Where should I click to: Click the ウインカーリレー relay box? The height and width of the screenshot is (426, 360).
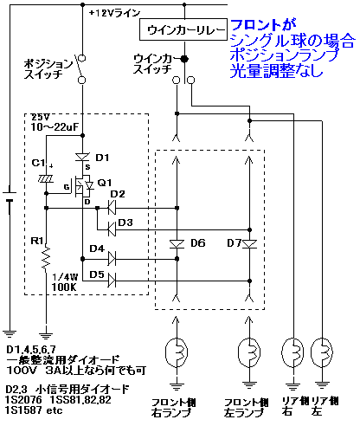(183, 29)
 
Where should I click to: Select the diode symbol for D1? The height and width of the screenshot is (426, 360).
(82, 158)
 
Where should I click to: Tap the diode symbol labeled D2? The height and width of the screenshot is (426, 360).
(112, 208)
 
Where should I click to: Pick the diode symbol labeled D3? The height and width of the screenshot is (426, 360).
(112, 229)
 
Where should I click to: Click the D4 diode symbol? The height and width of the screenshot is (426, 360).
(112, 259)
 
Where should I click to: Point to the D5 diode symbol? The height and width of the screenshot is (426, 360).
(112, 281)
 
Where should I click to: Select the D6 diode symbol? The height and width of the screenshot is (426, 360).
(177, 244)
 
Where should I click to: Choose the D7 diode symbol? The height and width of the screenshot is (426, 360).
(249, 244)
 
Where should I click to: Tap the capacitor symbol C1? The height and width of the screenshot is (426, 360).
(46, 179)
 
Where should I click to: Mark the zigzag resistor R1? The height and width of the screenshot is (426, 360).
(46, 257)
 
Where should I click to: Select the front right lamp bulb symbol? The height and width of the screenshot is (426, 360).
(177, 352)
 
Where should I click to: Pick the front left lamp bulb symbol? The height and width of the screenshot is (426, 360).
(249, 352)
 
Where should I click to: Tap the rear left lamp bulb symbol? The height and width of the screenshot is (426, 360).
(322, 352)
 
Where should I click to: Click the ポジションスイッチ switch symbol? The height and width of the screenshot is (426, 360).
(80, 68)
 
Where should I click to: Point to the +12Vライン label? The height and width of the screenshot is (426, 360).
(114, 13)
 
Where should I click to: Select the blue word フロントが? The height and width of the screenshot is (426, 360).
(264, 25)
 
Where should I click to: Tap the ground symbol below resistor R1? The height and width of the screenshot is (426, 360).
(46, 335)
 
